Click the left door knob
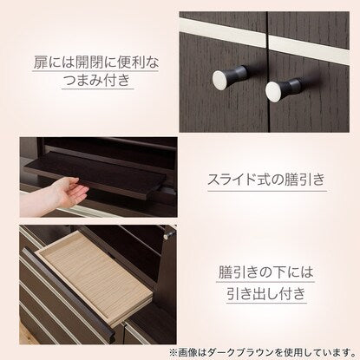click(229, 76)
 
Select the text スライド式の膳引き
click(266, 180)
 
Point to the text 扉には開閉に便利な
click(95, 62)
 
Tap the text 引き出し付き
click(265, 293)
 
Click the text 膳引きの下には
click(265, 272)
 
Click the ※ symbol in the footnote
click(173, 353)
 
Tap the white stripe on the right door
click(309, 49)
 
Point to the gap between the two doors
click(267, 72)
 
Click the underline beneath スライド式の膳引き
click(267, 191)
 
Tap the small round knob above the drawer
click(166, 237)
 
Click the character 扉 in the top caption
click(40, 62)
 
